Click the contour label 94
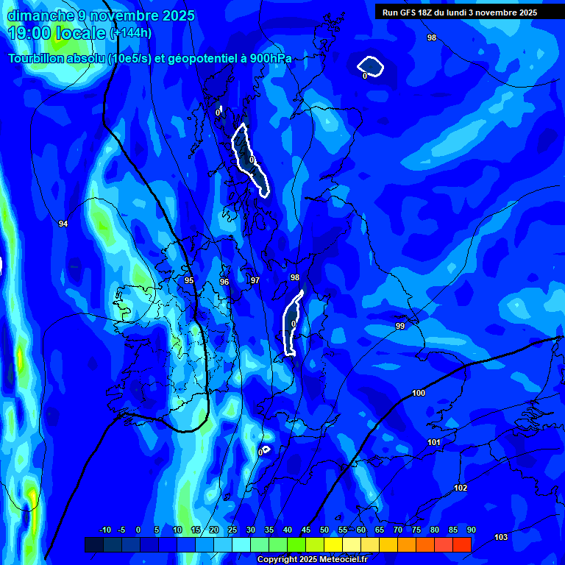click(x=63, y=224)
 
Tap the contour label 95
click(x=189, y=280)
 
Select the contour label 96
click(x=224, y=282)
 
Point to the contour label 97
click(x=255, y=280)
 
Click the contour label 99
click(x=400, y=326)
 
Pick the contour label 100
click(x=419, y=393)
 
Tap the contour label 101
click(x=434, y=442)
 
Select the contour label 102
click(x=461, y=488)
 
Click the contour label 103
click(x=501, y=537)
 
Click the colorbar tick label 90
click(x=471, y=530)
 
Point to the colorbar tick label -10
click(x=104, y=530)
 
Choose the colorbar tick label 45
click(x=306, y=530)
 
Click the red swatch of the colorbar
click(x=462, y=544)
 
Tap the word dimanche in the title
click(x=37, y=15)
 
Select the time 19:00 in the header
click(x=29, y=33)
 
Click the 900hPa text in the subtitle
click(x=267, y=59)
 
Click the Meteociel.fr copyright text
click(x=339, y=559)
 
